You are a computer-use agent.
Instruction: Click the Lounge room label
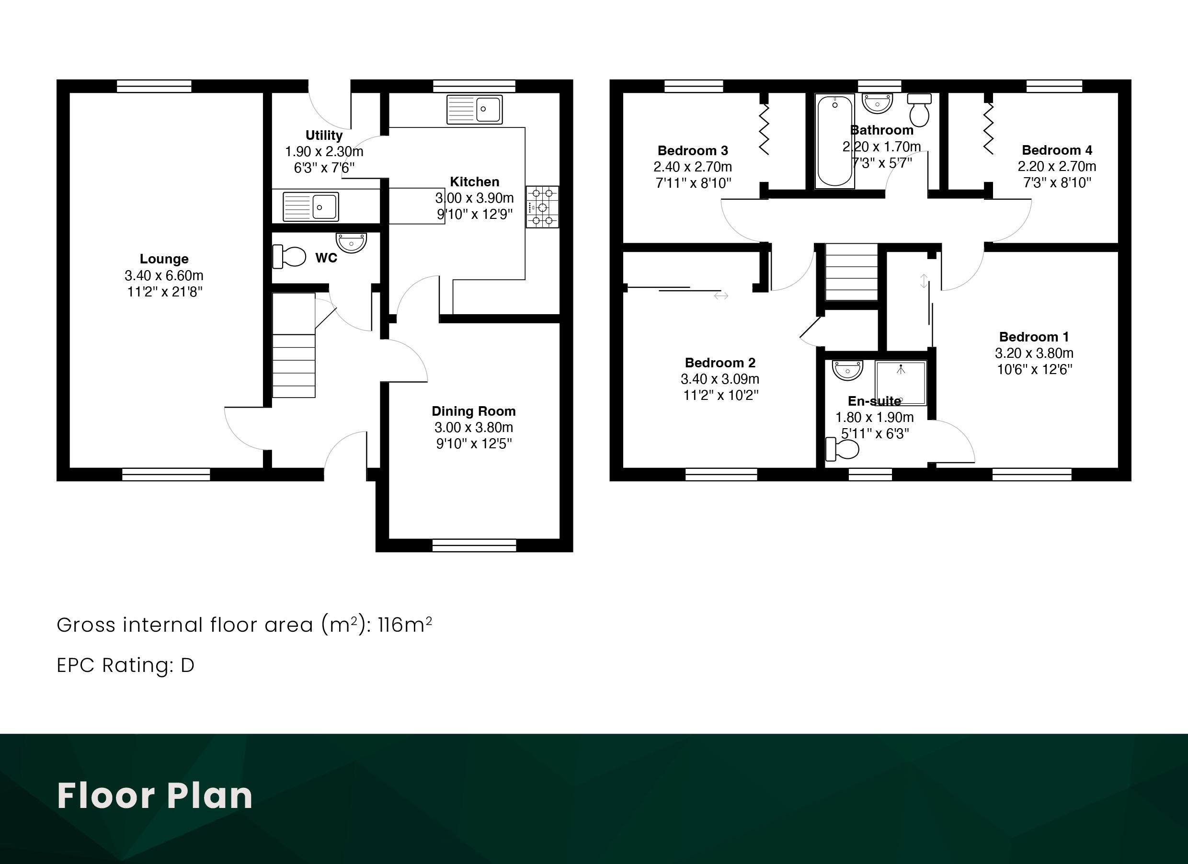pos(164,259)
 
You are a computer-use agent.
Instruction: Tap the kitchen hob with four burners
pos(543,207)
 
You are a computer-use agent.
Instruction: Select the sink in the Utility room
pos(310,206)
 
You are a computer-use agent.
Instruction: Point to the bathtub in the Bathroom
pos(835,141)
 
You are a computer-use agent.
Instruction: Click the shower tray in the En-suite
pos(901,383)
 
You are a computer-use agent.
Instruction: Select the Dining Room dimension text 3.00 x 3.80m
pos(474,427)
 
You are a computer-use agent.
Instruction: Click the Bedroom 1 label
pos(1034,337)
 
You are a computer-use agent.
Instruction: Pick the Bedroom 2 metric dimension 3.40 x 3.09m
pos(720,378)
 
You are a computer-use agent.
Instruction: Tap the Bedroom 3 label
pos(693,151)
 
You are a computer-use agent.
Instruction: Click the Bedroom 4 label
pos(1057,150)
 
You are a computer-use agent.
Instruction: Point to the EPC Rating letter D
pos(187,666)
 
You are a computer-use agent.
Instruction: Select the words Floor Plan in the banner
pos(155,796)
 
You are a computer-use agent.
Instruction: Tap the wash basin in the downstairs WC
pos(351,242)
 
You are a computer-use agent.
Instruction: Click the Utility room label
pos(324,135)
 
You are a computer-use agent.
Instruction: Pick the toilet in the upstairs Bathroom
pos(920,110)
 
